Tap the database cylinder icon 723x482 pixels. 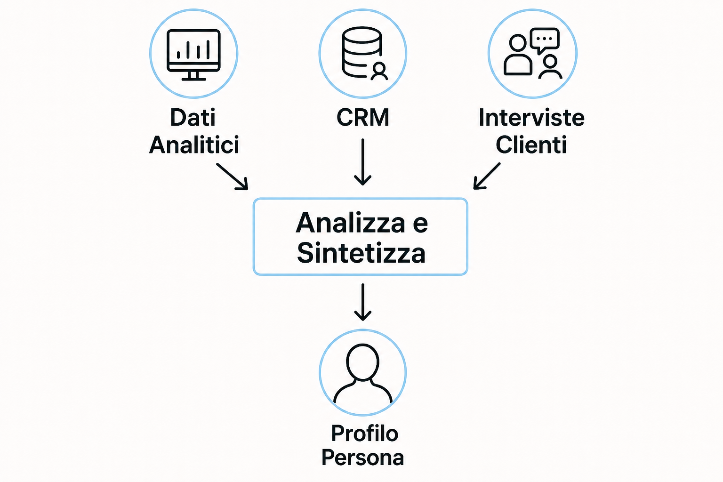pos(362,52)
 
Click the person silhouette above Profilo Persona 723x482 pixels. pos(363,373)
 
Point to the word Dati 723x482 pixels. pos(193,118)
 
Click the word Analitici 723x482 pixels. pos(194,145)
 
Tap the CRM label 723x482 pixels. pos(363,117)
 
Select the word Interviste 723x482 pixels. pos(531,118)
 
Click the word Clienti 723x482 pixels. pos(531,145)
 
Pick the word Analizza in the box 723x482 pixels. pos(350,223)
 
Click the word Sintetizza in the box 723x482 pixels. pos(361,253)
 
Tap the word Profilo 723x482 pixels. pos(365,433)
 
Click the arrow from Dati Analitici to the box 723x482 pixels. pos(232,176)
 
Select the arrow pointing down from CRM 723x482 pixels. pos(363,162)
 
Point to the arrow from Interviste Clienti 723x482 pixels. pos(487,176)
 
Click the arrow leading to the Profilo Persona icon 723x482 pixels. pos(363,302)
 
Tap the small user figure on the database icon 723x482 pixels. pos(379,71)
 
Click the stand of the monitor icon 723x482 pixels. pos(193,76)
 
